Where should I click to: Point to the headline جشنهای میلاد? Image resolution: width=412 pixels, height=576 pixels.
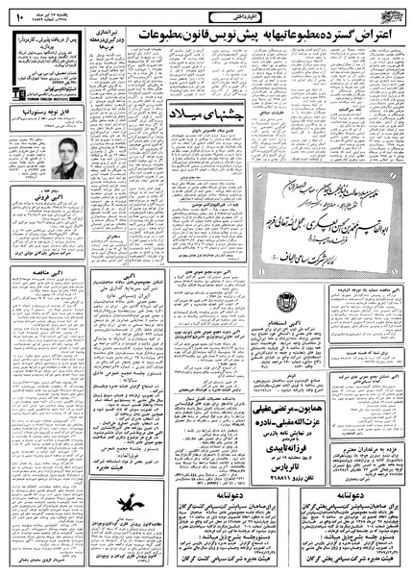pyautogui.click(x=196, y=105)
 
